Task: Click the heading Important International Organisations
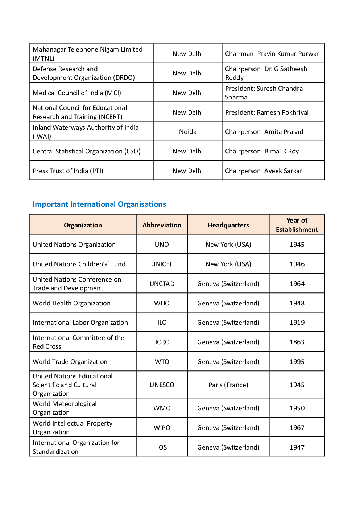tap(99, 204)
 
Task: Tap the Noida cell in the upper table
tap(187, 132)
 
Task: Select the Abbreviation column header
tap(162, 225)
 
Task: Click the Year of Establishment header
tap(297, 225)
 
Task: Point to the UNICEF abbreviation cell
tap(162, 264)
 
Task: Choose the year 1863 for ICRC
tap(297, 342)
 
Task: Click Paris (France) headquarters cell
tap(228, 385)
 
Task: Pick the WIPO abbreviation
tap(162, 428)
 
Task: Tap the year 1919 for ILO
tap(297, 323)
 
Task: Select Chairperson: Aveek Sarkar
tap(264, 171)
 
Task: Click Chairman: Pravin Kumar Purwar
tap(272, 54)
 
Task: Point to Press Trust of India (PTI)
tap(68, 171)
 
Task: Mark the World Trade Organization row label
tap(70, 362)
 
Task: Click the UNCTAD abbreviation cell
tap(162, 284)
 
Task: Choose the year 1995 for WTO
tap(297, 362)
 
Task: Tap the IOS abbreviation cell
tap(162, 447)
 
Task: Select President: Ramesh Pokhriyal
tap(267, 112)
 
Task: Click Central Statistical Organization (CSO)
tap(87, 151)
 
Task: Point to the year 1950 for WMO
tap(297, 408)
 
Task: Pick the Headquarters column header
tap(228, 225)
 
